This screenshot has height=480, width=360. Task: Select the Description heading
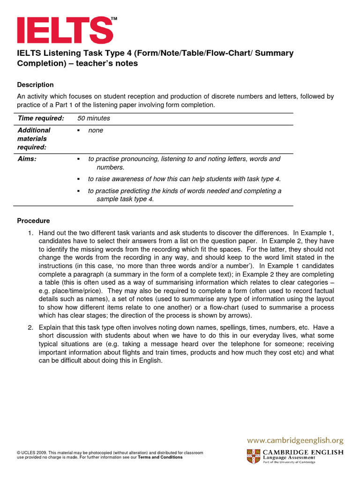click(35, 85)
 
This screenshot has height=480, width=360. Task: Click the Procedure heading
click(33, 221)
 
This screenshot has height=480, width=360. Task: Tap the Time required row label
click(40, 119)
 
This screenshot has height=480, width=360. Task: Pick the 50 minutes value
click(94, 119)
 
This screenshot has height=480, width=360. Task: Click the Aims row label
click(27, 159)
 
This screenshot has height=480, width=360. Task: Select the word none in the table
click(96, 130)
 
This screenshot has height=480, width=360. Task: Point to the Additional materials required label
click(34, 139)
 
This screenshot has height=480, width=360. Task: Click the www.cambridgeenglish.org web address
click(295, 440)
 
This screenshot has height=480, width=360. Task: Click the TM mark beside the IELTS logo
click(114, 19)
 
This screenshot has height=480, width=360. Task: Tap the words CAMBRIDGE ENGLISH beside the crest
click(303, 452)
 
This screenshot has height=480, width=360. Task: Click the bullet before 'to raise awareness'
click(79, 179)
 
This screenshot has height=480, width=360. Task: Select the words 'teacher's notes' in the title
click(110, 63)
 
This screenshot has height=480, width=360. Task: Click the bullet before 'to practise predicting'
click(79, 191)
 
